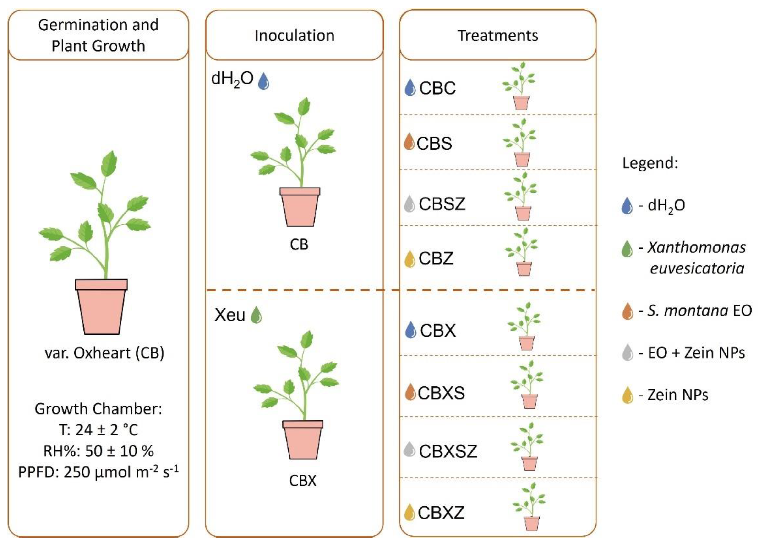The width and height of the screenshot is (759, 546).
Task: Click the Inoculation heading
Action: coord(294,35)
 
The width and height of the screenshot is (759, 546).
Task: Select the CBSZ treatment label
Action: coord(442,204)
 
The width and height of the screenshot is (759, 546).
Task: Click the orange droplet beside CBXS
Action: coord(410,392)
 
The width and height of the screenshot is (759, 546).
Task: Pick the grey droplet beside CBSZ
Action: coord(410,204)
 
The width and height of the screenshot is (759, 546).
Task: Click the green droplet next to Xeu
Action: coord(256,315)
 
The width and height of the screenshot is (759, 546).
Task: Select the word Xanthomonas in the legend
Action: coord(696,248)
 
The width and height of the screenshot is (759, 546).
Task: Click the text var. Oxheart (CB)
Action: coord(104,353)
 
